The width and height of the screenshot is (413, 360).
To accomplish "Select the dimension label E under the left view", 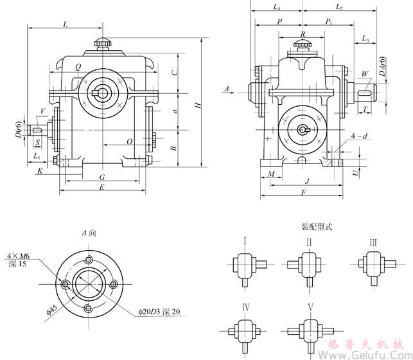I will coord(101,187).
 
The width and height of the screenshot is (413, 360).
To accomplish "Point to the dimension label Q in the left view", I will coord(78,67).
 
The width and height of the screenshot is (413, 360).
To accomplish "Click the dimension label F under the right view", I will coord(303,193).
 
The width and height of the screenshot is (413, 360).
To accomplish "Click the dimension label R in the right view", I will coord(303,33).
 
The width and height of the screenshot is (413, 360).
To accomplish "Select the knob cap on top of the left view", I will coord(102,43).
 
